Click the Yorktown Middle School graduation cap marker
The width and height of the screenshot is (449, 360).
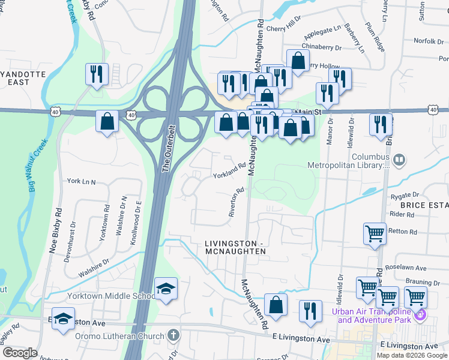(x=166, y=288)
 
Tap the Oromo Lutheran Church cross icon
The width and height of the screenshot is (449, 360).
(x=173, y=335)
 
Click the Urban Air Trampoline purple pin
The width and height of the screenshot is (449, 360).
(x=422, y=314)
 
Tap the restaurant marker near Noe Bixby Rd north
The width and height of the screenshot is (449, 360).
(x=97, y=74)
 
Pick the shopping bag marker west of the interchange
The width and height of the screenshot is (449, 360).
(x=107, y=122)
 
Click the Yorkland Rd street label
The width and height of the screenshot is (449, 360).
(x=229, y=171)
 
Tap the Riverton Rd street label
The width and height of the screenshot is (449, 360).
(x=236, y=202)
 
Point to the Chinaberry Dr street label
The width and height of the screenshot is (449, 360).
(x=322, y=46)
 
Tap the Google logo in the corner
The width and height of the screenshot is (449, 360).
(x=19, y=352)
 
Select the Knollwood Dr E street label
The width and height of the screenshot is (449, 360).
(x=135, y=222)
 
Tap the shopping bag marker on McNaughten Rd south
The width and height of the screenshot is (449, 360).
(x=276, y=304)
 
